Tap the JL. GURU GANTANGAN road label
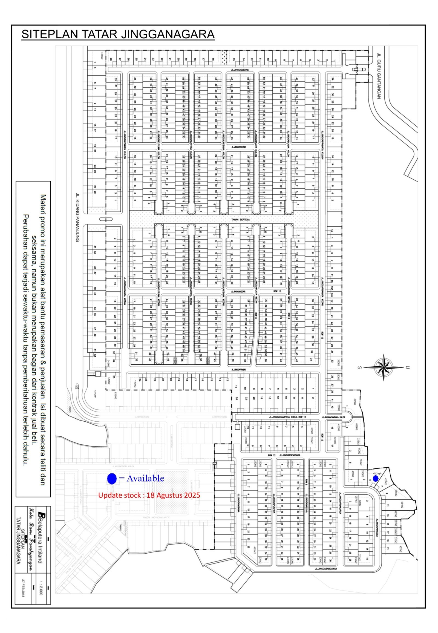(x=379, y=76)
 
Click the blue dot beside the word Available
(x=112, y=479)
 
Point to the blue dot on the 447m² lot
(x=376, y=478)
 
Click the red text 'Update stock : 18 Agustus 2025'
(x=149, y=495)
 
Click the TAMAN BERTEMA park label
(x=239, y=220)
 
